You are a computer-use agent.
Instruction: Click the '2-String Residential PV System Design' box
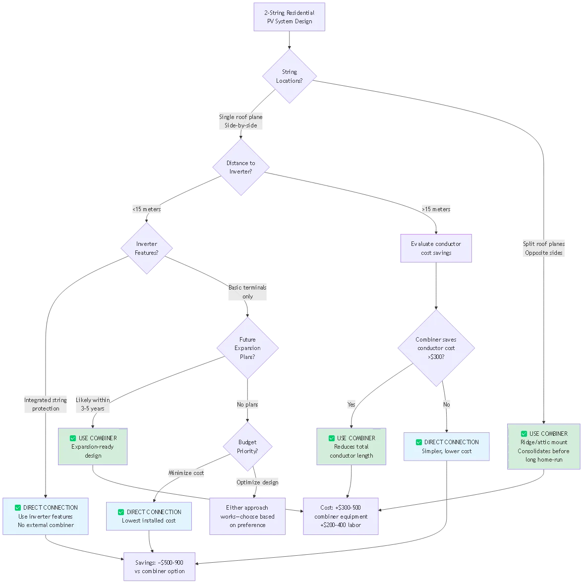pyautogui.click(x=289, y=17)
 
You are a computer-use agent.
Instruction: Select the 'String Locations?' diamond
pyautogui.click(x=289, y=76)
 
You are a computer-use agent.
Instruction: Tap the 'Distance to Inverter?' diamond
pyautogui.click(x=240, y=167)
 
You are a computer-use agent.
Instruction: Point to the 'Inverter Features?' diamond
pyautogui.click(x=146, y=248)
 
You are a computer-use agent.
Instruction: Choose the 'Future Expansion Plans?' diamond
pyautogui.click(x=247, y=348)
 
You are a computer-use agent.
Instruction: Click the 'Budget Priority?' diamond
pyautogui.click(x=247, y=447)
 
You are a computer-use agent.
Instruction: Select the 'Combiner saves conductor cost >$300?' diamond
pyautogui.click(x=436, y=348)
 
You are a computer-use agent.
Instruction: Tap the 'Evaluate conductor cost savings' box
pyautogui.click(x=436, y=248)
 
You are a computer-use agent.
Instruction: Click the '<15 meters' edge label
pyautogui.click(x=147, y=209)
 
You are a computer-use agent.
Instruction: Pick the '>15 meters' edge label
pyautogui.click(x=436, y=209)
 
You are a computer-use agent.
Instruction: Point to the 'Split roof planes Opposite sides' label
pyautogui.click(x=544, y=248)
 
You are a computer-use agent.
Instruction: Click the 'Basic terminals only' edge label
pyautogui.click(x=248, y=292)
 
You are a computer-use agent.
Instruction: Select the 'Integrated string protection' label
pyautogui.click(x=46, y=404)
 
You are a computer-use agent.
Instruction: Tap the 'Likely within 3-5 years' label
pyautogui.click(x=93, y=404)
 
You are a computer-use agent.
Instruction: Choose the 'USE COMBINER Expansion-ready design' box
pyautogui.click(x=93, y=447)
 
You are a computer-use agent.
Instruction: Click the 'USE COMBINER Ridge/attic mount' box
pyautogui.click(x=543, y=447)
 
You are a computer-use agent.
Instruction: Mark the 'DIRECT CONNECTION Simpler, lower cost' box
pyautogui.click(x=447, y=447)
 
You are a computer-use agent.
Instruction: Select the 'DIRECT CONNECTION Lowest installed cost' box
pyautogui.click(x=149, y=516)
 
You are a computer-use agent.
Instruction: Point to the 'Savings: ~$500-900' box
pyautogui.click(x=160, y=567)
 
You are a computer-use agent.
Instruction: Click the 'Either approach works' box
pyautogui.click(x=247, y=516)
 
